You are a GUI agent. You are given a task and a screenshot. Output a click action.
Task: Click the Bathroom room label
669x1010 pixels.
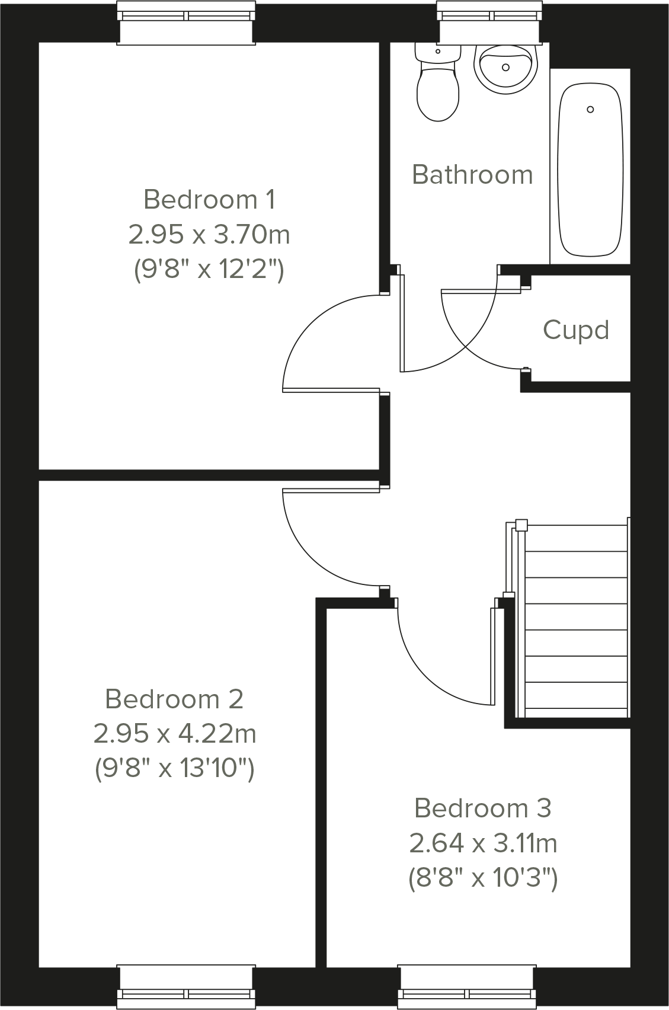click(x=472, y=175)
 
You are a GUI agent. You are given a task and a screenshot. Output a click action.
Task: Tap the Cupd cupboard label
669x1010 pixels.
click(x=576, y=330)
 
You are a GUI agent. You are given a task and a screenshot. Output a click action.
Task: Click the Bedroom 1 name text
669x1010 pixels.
click(x=209, y=199)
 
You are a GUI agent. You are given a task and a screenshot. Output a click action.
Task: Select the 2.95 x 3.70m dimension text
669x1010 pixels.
click(x=209, y=235)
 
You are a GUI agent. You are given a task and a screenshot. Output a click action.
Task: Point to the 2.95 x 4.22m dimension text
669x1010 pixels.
click(x=175, y=734)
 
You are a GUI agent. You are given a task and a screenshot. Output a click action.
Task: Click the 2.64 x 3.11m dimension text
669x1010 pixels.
click(x=483, y=843)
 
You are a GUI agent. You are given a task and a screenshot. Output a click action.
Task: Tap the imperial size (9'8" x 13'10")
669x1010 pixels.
click(x=175, y=769)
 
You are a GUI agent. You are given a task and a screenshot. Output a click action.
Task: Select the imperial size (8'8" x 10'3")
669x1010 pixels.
click(x=483, y=878)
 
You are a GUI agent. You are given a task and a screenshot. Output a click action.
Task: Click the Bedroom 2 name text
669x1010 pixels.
click(x=174, y=699)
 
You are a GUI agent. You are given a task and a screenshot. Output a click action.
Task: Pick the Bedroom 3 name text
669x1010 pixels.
click(x=483, y=808)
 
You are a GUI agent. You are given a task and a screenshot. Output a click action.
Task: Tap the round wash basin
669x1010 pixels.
click(x=505, y=68)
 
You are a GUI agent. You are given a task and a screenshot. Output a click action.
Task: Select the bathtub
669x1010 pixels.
click(x=590, y=169)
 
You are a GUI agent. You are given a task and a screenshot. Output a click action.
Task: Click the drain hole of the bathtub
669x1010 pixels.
click(x=590, y=110)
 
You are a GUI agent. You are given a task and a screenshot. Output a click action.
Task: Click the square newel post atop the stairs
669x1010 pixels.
click(x=521, y=525)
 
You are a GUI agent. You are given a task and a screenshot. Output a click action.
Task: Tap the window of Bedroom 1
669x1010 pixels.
click(x=187, y=23)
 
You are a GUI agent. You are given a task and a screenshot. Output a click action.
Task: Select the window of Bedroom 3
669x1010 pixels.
click(x=467, y=987)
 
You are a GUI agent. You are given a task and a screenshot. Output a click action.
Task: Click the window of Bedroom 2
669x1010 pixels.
click(x=187, y=987)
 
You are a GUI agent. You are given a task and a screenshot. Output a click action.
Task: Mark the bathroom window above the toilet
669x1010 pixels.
click(x=489, y=23)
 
